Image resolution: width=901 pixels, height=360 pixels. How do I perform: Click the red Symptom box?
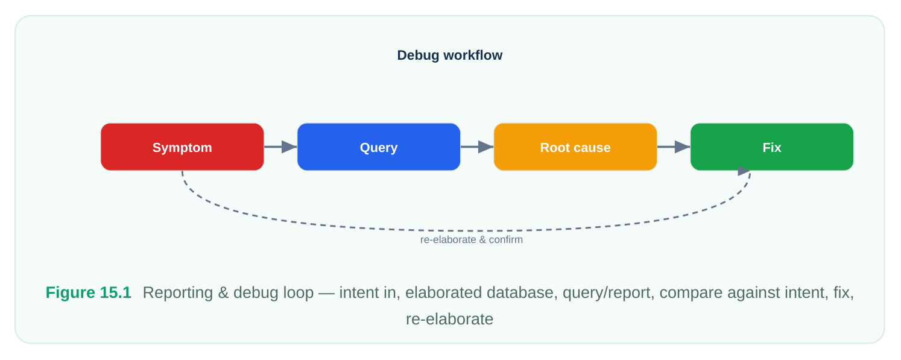[x=182, y=147]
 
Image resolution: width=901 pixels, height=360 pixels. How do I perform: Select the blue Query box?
[x=379, y=147]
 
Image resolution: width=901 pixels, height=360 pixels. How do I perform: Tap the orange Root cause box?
[x=575, y=147]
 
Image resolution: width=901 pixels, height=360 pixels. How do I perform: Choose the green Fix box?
[x=772, y=147]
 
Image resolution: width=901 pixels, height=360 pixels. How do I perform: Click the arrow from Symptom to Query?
[x=280, y=147]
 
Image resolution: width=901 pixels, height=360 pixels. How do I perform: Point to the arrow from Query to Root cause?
[x=477, y=147]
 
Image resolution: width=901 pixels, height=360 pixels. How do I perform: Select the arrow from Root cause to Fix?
[x=674, y=147]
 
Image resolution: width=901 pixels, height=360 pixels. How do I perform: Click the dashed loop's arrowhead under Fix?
[x=744, y=171]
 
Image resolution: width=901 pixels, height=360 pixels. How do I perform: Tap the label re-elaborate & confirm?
[x=472, y=240]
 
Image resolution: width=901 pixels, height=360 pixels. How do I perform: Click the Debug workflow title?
[x=450, y=55]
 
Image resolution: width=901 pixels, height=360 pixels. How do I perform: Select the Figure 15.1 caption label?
[x=88, y=292]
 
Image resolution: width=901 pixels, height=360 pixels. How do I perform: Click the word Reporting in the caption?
[x=178, y=293]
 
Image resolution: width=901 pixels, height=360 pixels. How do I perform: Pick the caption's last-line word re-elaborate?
[x=450, y=319]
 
